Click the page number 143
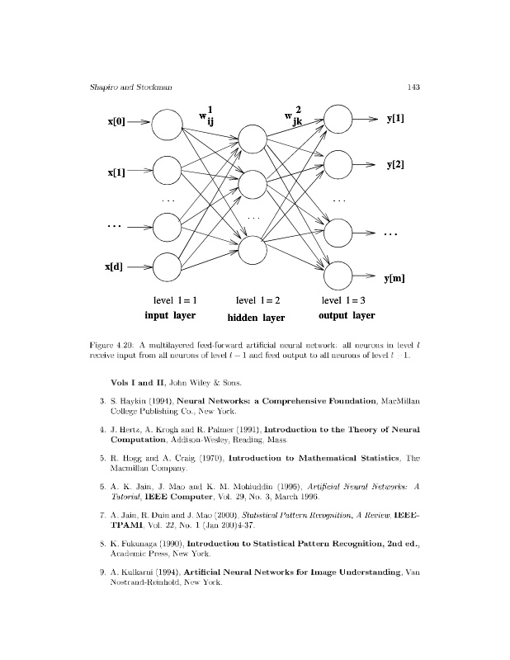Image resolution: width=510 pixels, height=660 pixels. click(x=414, y=88)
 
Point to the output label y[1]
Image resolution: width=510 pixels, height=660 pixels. click(x=395, y=118)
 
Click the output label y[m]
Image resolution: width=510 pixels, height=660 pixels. click(x=394, y=280)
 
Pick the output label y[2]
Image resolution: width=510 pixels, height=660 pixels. click(x=395, y=166)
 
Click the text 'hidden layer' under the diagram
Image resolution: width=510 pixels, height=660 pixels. click(x=256, y=318)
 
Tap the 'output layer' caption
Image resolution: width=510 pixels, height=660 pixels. click(x=346, y=315)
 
